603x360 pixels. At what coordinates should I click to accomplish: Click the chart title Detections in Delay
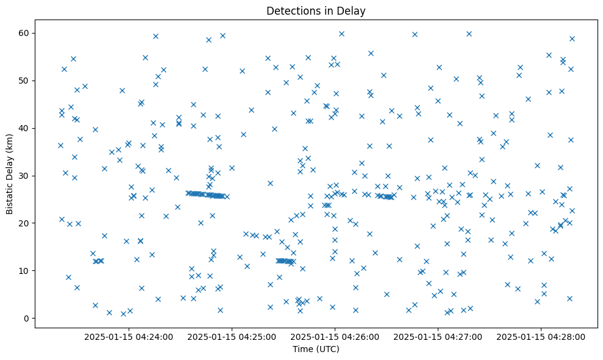point(316,11)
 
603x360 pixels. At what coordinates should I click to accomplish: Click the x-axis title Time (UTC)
point(316,350)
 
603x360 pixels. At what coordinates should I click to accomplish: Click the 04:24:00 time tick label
point(129,336)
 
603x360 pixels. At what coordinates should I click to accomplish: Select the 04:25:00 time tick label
point(232,336)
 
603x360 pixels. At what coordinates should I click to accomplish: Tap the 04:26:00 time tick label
point(335,336)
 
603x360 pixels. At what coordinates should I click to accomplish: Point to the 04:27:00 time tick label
point(438,336)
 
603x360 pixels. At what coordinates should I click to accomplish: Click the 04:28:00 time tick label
point(541,336)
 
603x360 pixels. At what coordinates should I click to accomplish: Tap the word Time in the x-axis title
point(303,350)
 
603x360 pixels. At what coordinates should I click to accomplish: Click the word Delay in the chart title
point(352,11)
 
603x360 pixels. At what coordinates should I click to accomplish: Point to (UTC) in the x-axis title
point(327,350)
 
